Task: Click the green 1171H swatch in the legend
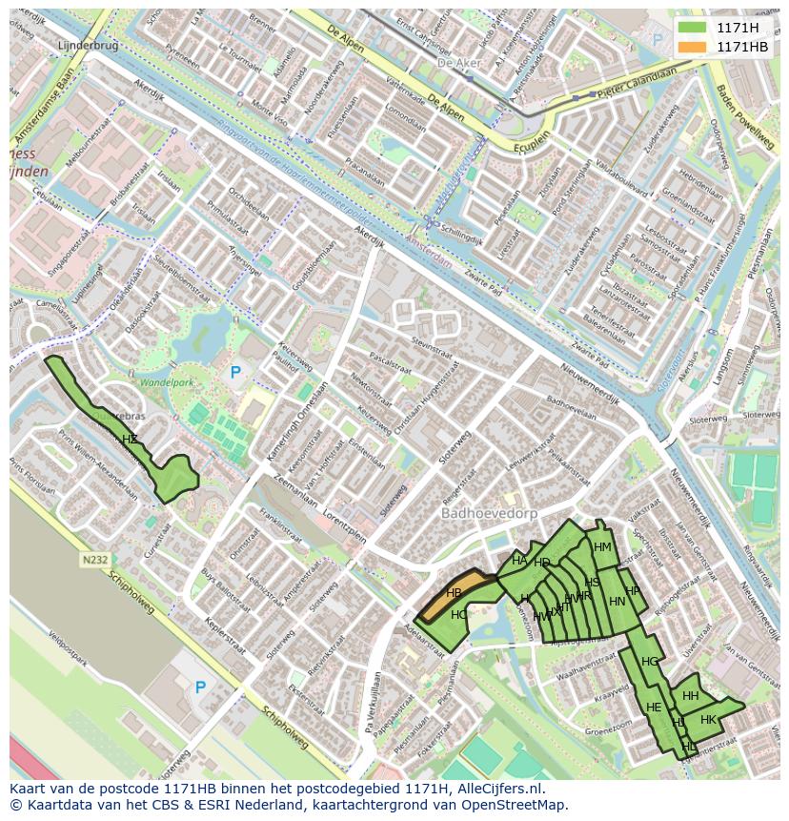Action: (692, 28)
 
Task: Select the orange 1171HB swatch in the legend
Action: (692, 46)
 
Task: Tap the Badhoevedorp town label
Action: (489, 513)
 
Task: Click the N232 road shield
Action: (94, 561)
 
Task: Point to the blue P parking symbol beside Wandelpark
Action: (235, 373)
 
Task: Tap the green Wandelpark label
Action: (166, 382)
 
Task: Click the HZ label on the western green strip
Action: (130, 439)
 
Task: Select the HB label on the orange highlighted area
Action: (454, 593)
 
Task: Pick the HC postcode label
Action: (459, 615)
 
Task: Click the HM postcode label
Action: (602, 547)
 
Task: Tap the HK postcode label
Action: (708, 720)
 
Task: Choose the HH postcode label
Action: (691, 696)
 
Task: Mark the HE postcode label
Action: (654, 708)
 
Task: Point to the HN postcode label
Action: (617, 601)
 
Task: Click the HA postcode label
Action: (519, 561)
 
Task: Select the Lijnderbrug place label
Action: (86, 45)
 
